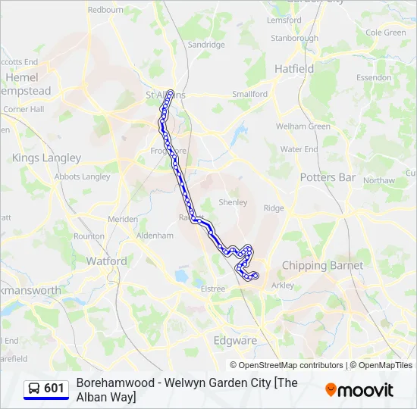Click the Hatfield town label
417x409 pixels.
point(294,68)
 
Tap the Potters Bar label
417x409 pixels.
point(328,177)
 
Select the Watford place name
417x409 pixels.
point(107,261)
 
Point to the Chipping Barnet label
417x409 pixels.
point(322,266)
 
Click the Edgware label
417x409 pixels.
point(235,341)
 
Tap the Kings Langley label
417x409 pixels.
point(46,158)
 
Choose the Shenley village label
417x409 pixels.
point(233,202)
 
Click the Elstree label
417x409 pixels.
point(213,289)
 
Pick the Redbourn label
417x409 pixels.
point(105,10)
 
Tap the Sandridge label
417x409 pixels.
point(206,45)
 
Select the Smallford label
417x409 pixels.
point(250,94)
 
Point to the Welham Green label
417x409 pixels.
point(303,126)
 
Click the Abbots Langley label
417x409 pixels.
point(83,176)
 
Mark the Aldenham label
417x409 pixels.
point(155,236)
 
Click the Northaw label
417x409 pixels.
point(379,181)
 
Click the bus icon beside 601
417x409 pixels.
point(34,389)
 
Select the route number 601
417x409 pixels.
point(54,389)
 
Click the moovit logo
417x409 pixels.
point(359,390)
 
